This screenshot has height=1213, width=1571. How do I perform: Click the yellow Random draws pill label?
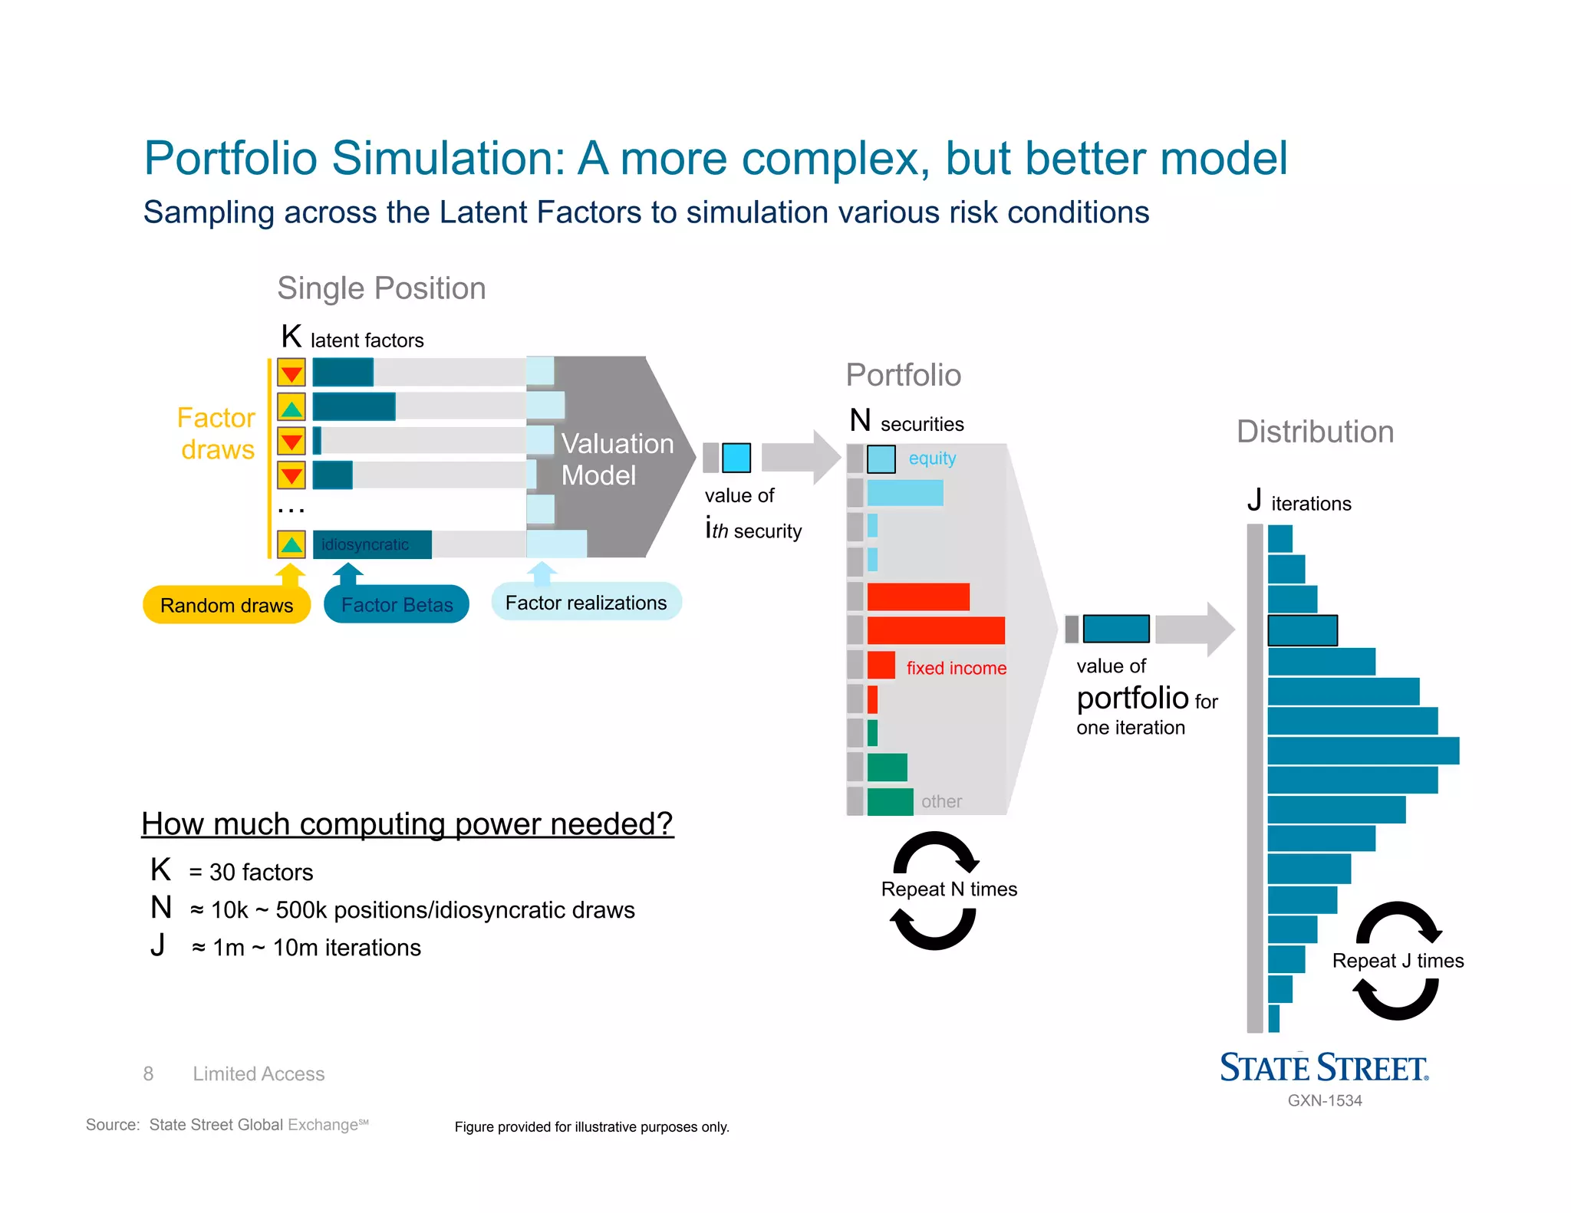(x=226, y=606)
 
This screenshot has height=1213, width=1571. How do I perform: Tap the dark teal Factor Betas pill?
(x=397, y=605)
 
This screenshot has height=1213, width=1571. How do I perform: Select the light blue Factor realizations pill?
(x=586, y=603)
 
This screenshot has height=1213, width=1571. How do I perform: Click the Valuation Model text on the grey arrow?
(x=616, y=459)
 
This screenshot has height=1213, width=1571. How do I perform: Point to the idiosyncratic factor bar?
(x=372, y=544)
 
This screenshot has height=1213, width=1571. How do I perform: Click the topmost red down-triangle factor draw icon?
(x=291, y=373)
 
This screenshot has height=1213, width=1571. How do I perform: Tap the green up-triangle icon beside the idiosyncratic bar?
(x=291, y=544)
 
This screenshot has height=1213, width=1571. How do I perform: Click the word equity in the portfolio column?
(x=932, y=459)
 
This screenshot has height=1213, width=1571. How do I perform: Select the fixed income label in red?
(x=956, y=668)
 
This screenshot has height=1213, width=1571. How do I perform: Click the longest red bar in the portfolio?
(x=935, y=630)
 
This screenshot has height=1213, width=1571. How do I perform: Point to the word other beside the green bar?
(x=941, y=801)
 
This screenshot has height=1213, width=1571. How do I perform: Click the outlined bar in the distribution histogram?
(x=1303, y=630)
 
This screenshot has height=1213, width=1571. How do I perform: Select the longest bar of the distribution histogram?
(x=1363, y=751)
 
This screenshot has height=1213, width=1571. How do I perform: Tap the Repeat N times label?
(x=949, y=889)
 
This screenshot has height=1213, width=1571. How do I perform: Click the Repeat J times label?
(x=1398, y=961)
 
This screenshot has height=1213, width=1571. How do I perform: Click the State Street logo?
(x=1324, y=1068)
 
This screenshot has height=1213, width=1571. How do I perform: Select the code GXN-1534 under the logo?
(x=1325, y=1100)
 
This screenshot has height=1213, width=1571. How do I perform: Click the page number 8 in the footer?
(x=148, y=1073)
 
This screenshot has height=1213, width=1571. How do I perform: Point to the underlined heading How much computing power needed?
(x=407, y=824)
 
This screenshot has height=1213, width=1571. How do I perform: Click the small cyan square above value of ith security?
(x=736, y=458)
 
